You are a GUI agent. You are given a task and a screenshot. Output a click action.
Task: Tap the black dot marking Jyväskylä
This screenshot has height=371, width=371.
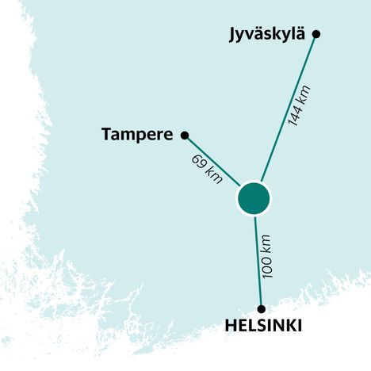point(316,33)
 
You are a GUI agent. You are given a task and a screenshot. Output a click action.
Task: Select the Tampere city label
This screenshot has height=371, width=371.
point(137,135)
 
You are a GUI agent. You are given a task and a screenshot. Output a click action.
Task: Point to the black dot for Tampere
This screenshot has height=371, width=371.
point(185,135)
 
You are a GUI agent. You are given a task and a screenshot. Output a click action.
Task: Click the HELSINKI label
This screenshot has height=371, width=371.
point(263,326)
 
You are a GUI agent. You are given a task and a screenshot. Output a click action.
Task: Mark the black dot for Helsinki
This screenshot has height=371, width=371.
point(260,308)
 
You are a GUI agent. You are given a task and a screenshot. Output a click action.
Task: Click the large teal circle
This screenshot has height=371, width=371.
point(254,198)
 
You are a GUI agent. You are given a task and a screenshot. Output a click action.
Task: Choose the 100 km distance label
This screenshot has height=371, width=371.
point(270,256)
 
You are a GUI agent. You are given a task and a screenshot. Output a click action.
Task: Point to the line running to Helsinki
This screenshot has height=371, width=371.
point(258,262)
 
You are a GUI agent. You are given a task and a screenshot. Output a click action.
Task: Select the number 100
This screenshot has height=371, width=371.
point(270,266)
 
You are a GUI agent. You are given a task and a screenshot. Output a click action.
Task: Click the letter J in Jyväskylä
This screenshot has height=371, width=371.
point(232,34)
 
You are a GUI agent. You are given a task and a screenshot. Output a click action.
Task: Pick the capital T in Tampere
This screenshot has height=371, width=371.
point(107,134)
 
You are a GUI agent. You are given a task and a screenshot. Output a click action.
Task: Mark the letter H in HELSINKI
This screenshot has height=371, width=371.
point(231,326)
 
